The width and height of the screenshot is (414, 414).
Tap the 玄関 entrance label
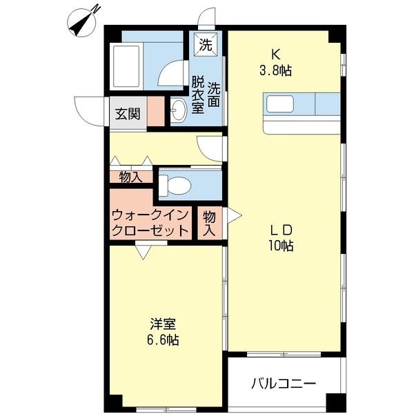pos(128,113)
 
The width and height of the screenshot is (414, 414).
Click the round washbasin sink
pos(179,110)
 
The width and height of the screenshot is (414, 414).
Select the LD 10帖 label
pos(282,237)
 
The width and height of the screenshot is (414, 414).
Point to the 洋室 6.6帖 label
pos(164,332)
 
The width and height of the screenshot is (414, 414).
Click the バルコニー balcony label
pos(283,382)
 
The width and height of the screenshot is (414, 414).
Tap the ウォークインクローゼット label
pos(150,223)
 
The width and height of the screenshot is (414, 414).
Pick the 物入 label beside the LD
pos(210,223)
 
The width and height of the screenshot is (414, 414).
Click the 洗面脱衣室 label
pos(206,97)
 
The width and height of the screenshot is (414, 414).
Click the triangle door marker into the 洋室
pos(143,252)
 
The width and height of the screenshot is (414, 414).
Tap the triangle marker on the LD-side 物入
pos(233,216)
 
